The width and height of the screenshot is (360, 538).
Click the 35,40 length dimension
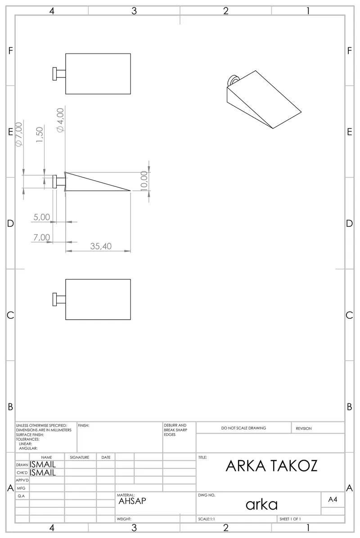pyautogui.click(x=101, y=246)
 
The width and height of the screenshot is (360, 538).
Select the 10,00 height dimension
pyautogui.click(x=144, y=180)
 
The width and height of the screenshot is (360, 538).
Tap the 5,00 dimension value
pyautogui.click(x=42, y=217)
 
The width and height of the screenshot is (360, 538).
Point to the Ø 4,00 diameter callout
pyautogui.click(x=60, y=120)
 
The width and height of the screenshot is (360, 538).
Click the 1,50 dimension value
pyautogui.click(x=40, y=135)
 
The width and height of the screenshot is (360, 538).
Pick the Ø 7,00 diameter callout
pyautogui.click(x=19, y=134)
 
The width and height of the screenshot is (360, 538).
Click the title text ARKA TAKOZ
pyautogui.click(x=271, y=466)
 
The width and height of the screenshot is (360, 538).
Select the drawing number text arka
pyautogui.click(x=261, y=504)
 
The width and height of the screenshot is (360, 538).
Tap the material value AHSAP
pyautogui.click(x=132, y=501)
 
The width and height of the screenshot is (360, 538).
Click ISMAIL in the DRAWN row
pyautogui.click(x=43, y=464)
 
